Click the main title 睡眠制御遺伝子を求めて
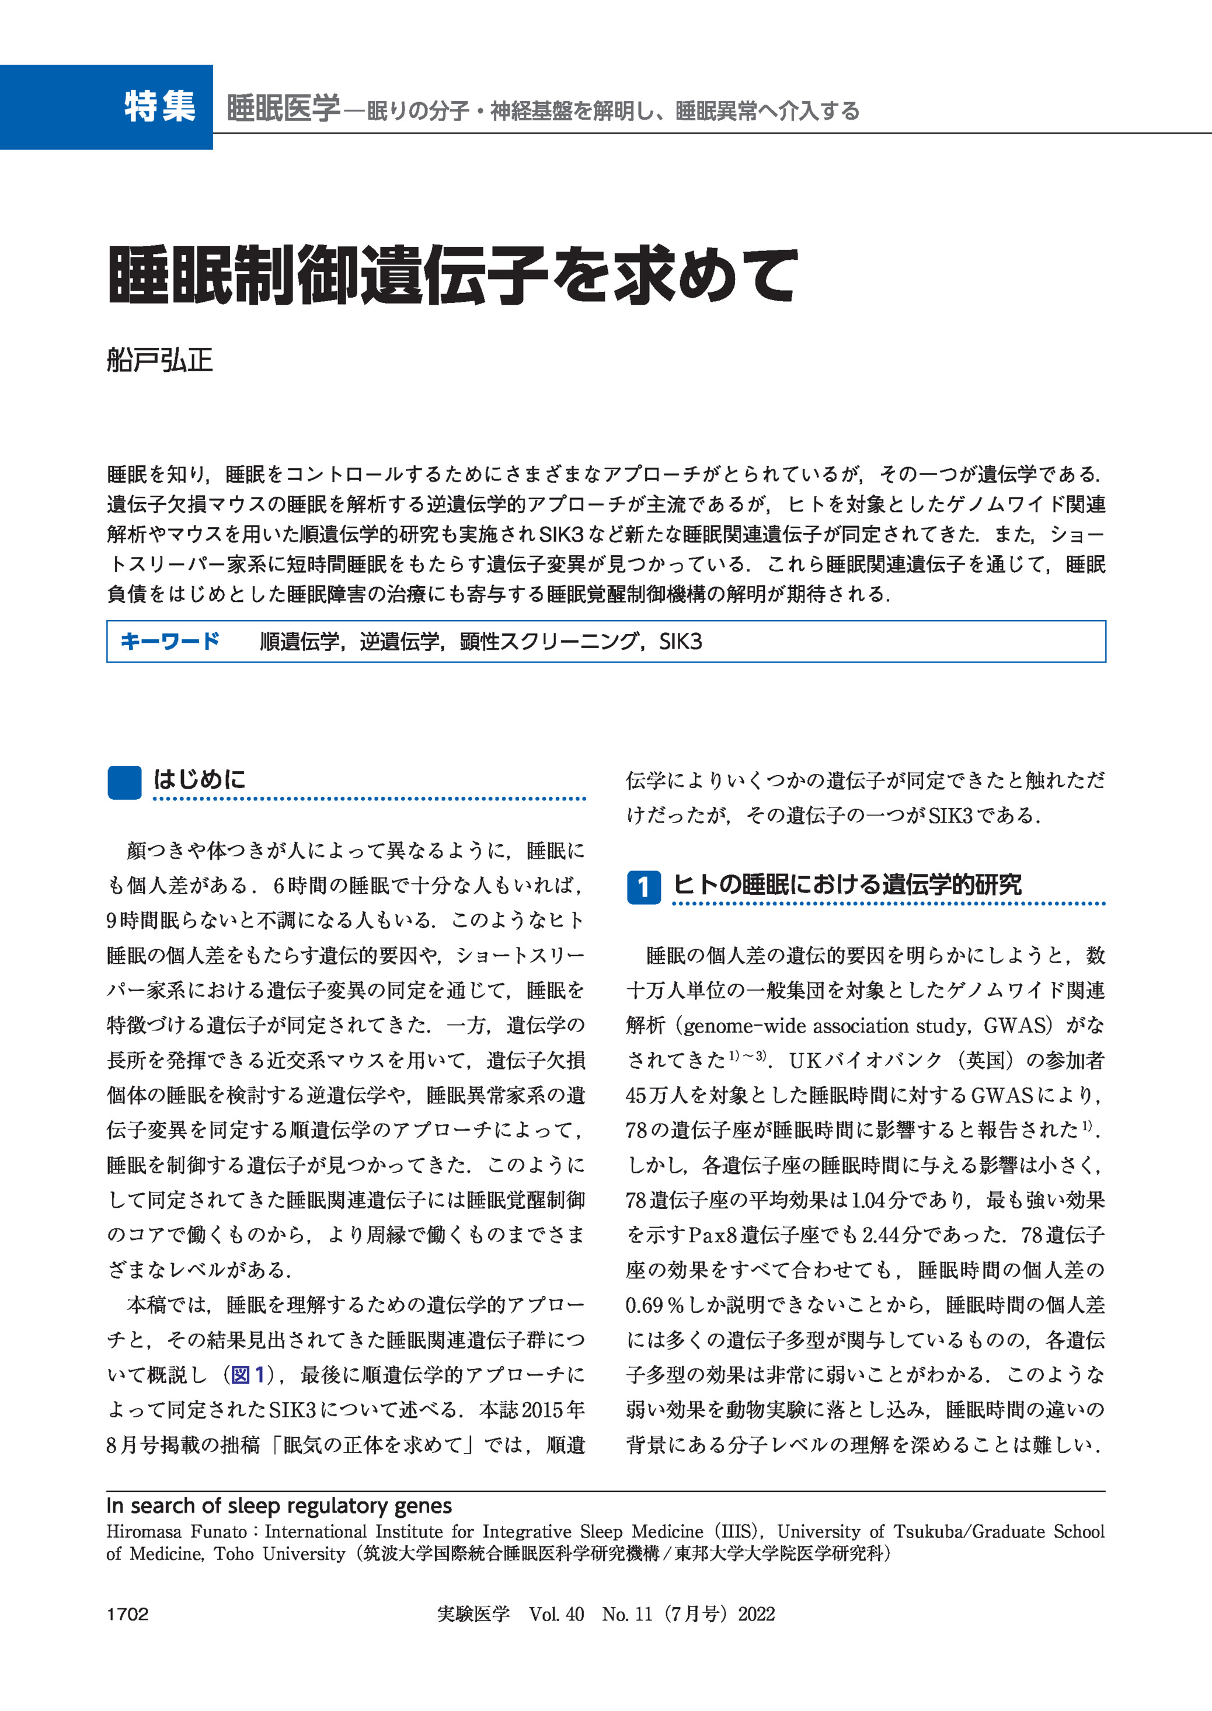coord(452,276)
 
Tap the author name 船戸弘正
coord(160,360)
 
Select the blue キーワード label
coord(170,641)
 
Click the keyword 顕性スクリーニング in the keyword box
coord(549,642)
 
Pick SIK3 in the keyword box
coord(680,642)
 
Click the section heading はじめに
coord(199,780)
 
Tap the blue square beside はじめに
coord(124,782)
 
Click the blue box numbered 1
coord(643,887)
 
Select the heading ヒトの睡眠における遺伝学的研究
coord(847,885)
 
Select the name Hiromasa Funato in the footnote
coord(176,1532)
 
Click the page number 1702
coord(128,1614)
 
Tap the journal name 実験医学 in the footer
coord(473,1614)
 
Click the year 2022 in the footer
coord(756,1614)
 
